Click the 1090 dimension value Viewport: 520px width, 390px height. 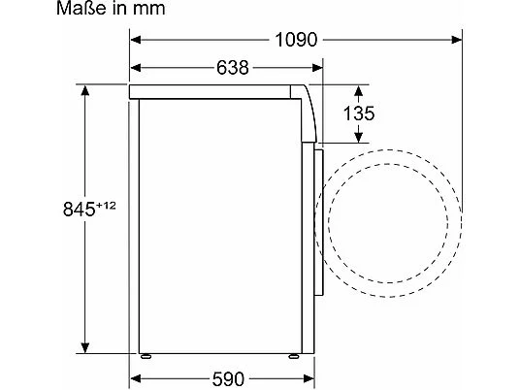tap(297, 41)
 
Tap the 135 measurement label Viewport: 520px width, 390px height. tap(359, 114)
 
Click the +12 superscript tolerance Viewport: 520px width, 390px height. tap(106, 203)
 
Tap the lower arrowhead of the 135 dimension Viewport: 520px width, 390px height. tap(359, 140)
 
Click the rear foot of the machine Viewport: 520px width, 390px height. tap(146, 355)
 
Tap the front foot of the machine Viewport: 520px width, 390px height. tap(289, 355)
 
